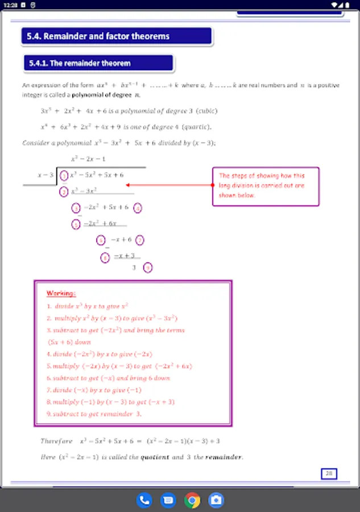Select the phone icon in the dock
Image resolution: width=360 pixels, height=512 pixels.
click(144, 500)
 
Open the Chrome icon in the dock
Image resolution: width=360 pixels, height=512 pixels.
click(192, 500)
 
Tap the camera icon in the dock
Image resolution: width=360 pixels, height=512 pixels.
click(216, 500)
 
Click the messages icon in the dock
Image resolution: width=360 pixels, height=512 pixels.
click(168, 500)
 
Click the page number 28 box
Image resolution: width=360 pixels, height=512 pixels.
click(329, 473)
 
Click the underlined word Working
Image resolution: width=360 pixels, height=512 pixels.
click(61, 293)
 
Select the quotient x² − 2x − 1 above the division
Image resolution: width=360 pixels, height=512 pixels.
click(88, 159)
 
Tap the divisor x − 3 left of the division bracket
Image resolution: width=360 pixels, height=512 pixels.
click(45, 175)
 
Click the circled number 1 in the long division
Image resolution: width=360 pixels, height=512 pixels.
click(64, 175)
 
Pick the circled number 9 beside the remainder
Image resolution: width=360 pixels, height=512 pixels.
click(148, 267)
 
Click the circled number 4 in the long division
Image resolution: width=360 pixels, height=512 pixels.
click(137, 208)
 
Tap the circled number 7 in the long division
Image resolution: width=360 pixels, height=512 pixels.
click(140, 240)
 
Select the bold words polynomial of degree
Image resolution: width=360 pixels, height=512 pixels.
click(96, 94)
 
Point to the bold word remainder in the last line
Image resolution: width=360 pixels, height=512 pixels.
click(224, 457)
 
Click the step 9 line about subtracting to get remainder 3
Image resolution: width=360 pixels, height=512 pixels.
click(94, 414)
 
